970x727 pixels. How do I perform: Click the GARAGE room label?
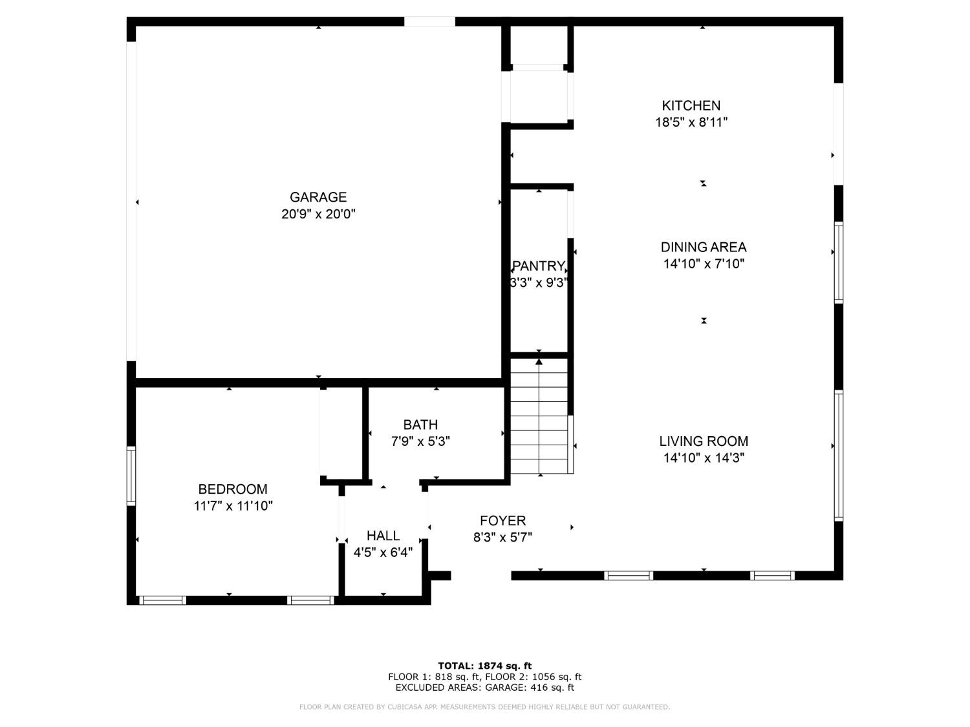coord(318,197)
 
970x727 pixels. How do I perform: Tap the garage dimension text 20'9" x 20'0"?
coord(318,214)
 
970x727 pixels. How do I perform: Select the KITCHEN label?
coord(691,105)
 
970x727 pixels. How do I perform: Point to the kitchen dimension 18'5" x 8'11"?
coord(691,122)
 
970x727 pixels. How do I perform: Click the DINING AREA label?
coord(703,247)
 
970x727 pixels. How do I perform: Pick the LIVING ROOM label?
coord(704,441)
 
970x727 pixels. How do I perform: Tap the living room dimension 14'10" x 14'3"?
coord(704,458)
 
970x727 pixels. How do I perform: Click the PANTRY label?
coord(538,266)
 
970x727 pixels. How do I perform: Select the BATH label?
coord(420,425)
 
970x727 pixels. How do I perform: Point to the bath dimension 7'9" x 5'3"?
coord(420,441)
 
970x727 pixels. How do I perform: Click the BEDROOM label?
coord(233,489)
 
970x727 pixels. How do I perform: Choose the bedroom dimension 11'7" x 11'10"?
coord(233,506)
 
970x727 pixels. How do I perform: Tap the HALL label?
coord(383,536)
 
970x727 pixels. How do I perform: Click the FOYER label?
coord(502,521)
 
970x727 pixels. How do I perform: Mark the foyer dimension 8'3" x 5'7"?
coord(502,538)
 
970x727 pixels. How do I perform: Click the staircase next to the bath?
coord(539,417)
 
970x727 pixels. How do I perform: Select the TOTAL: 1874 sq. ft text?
coord(484,666)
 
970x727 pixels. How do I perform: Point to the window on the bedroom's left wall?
coord(131,476)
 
